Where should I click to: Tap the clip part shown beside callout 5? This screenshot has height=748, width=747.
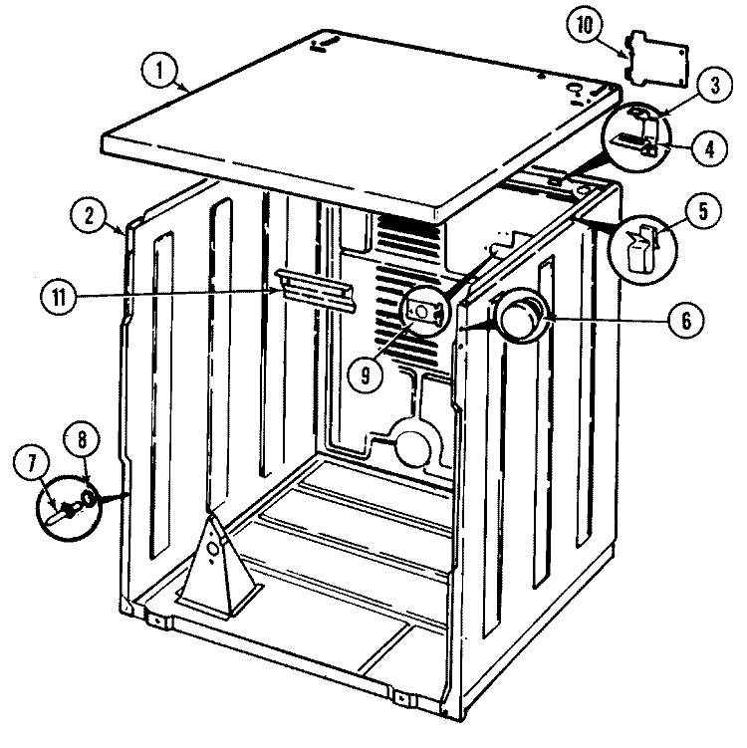[x=638, y=246]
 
